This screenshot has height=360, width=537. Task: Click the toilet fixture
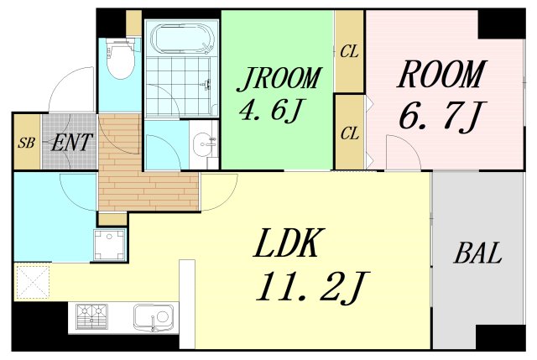pos(119,58)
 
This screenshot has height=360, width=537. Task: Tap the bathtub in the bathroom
pos(182,39)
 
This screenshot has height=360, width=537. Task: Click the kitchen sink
pos(151,317)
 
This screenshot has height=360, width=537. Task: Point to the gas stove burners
pos(91,316)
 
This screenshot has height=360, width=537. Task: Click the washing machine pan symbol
pos(110,245)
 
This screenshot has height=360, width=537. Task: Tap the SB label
pos(26,143)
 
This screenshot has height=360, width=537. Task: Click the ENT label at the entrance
pos(71,143)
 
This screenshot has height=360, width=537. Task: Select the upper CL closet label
pos(349,52)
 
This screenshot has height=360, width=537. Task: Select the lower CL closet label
pos(350,133)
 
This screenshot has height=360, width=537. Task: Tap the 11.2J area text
pos(313,287)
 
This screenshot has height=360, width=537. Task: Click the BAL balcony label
pos(477,253)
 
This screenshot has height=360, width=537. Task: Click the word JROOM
pos(279,80)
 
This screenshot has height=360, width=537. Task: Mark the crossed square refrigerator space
pos(33,282)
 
